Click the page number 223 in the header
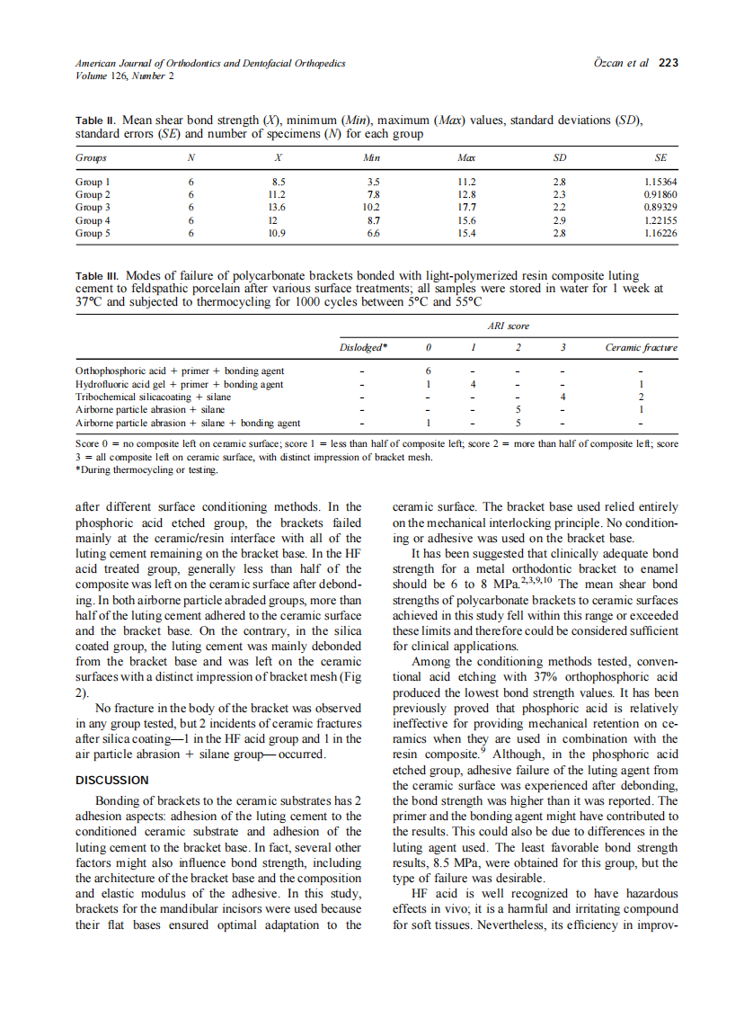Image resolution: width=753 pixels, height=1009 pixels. (x=668, y=64)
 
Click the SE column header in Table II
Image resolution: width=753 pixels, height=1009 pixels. (x=660, y=157)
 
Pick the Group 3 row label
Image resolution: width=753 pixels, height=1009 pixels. (x=93, y=207)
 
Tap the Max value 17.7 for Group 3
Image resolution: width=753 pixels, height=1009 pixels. (x=466, y=207)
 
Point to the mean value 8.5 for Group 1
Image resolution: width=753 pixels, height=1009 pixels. (x=279, y=182)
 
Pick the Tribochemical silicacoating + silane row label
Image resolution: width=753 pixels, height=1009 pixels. (x=153, y=397)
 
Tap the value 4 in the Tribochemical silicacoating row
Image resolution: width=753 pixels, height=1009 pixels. (x=562, y=397)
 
